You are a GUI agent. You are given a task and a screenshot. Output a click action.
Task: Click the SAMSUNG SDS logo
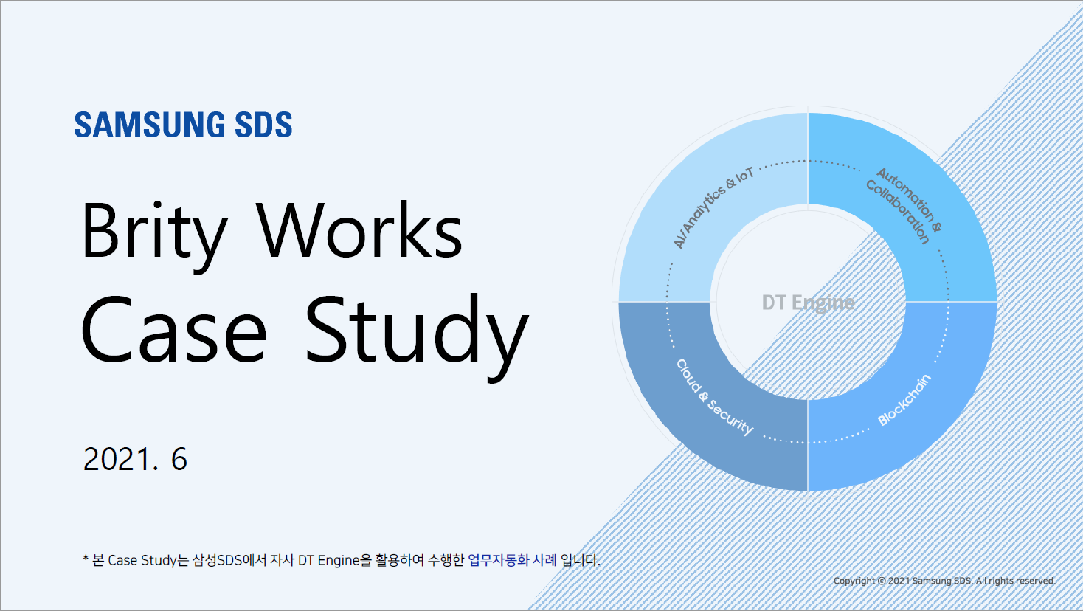click(183, 125)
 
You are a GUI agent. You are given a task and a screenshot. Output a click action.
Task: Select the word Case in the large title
click(173, 329)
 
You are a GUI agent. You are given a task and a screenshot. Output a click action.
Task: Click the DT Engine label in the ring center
click(808, 303)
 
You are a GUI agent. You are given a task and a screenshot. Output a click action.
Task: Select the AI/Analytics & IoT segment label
click(713, 207)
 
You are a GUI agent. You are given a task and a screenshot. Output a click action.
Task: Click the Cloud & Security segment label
click(715, 397)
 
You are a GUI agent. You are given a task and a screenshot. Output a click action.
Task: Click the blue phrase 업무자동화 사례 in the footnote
click(512, 560)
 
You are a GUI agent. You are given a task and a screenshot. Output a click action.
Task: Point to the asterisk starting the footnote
click(86, 559)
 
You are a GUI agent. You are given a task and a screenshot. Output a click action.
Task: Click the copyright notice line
click(944, 581)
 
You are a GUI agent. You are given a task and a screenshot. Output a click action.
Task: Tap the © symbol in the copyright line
click(882, 581)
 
